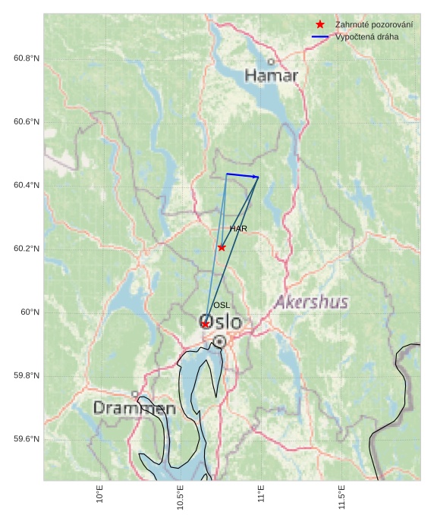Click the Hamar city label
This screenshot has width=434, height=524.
click(271, 76)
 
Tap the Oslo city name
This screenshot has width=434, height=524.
click(221, 322)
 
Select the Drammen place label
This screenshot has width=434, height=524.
click(134, 408)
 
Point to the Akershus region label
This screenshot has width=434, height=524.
click(311, 302)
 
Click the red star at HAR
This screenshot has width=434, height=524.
click(222, 247)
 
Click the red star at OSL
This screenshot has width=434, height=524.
click(205, 324)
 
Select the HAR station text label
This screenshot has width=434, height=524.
click(238, 228)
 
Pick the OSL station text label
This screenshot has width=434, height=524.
click(222, 305)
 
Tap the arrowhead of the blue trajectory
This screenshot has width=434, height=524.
click(256, 177)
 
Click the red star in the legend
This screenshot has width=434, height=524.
click(320, 25)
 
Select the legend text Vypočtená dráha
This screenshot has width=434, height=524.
click(366, 36)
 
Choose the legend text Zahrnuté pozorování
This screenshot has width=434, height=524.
click(374, 25)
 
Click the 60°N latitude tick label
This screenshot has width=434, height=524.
click(30, 312)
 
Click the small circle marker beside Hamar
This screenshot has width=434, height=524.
click(271, 62)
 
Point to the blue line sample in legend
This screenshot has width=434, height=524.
click(320, 36)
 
